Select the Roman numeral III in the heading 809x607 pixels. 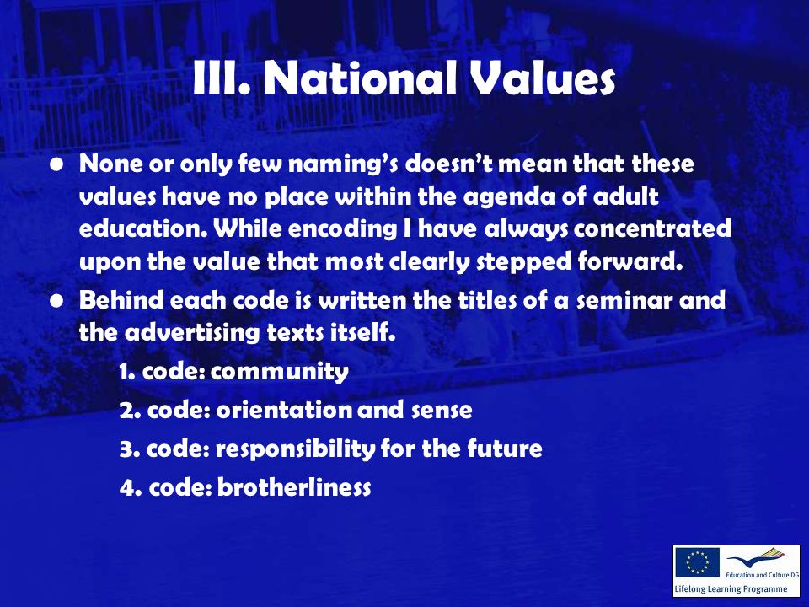pos(219,78)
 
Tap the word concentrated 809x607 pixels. pos(652,228)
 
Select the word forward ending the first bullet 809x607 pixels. pos(630,261)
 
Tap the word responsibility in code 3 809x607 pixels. pos(295,449)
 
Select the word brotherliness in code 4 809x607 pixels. pos(294,486)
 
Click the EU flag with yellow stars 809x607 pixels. pos(697,562)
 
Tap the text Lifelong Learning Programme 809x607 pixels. pos(731,589)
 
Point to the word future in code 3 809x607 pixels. pos(505,448)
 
